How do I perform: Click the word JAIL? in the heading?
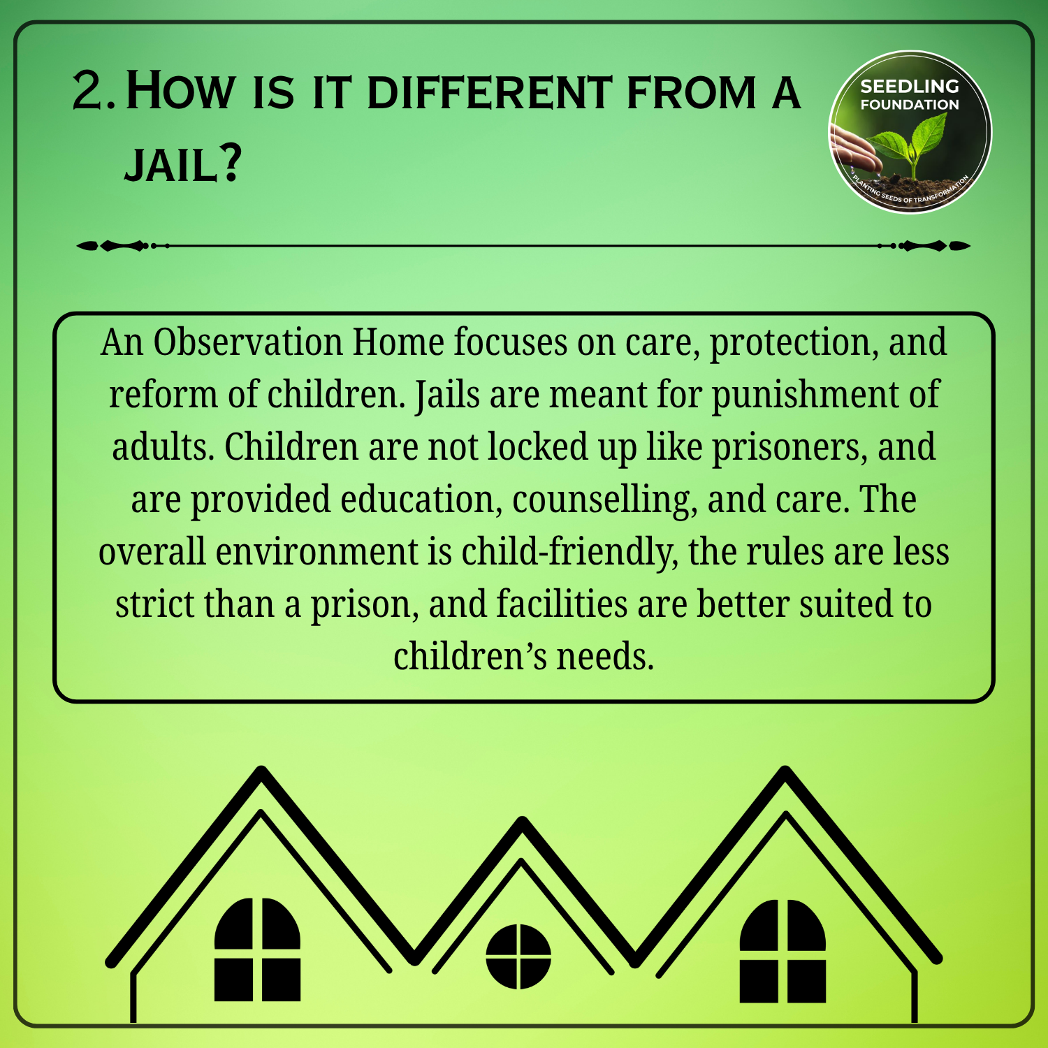[x=183, y=164]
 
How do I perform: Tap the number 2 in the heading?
[x=88, y=91]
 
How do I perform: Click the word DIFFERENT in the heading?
[x=490, y=93]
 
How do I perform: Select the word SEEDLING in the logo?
[x=910, y=87]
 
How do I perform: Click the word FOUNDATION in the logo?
[x=910, y=105]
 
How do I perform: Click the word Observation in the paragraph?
[x=248, y=342]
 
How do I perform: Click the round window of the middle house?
[x=518, y=956]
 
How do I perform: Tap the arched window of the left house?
[x=257, y=949]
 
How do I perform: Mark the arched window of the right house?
[x=783, y=951]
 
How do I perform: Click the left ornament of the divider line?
[x=123, y=246]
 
